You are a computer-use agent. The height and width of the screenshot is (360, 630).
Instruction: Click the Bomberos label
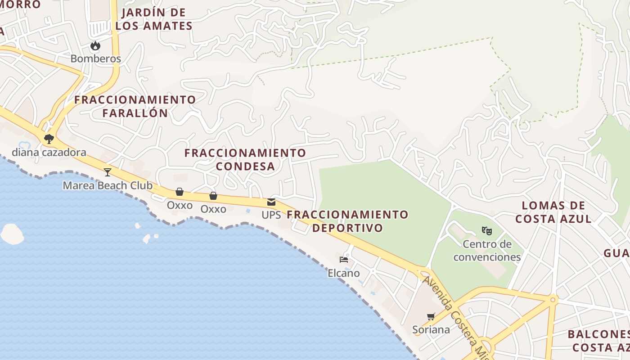pos(95,58)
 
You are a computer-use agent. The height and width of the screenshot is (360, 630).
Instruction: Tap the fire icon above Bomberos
pos(95,45)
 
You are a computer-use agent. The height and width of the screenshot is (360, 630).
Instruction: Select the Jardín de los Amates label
pos(154,19)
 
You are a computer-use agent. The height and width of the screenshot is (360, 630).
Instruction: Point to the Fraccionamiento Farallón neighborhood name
pos(135,106)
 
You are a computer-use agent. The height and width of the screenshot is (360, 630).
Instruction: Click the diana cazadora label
pos(49,152)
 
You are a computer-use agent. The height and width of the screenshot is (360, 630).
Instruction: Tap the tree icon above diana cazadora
pos(49,139)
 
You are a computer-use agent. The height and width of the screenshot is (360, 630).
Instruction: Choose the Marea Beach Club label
pos(108,185)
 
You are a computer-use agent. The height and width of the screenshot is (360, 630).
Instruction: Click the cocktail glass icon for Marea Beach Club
pos(107,172)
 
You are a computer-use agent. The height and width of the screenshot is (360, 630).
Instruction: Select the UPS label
pos(271,215)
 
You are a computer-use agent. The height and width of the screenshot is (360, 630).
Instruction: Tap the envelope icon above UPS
pos(271,202)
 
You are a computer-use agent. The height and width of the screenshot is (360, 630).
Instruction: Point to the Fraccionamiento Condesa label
pos(245,159)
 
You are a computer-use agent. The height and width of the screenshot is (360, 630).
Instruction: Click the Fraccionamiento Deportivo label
pos(347,221)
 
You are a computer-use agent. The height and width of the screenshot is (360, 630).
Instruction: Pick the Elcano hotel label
pos(344,273)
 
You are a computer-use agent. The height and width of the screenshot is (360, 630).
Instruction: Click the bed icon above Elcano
pos(344,260)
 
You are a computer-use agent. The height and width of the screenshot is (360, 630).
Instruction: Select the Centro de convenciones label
pos(487,251)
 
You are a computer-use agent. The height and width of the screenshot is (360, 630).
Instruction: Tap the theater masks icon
pos(486,231)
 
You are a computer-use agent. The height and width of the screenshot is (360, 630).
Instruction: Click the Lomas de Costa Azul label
pos(553,212)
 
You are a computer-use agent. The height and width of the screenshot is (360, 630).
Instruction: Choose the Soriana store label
pos(431,329)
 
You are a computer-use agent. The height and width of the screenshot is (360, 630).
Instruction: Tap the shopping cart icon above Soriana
pos(431,316)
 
